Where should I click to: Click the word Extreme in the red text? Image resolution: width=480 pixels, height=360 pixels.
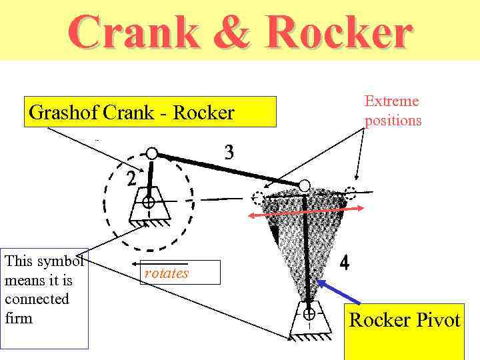point(391,101)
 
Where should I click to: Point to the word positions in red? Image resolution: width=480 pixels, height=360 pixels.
point(393,121)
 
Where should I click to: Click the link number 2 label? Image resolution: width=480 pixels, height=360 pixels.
point(132,179)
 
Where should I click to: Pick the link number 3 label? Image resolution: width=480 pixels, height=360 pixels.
point(229,153)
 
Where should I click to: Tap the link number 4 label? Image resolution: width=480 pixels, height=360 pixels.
point(344,263)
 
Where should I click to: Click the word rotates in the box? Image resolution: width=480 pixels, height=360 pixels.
point(167,273)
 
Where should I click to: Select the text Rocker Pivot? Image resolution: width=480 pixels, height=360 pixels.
point(405,320)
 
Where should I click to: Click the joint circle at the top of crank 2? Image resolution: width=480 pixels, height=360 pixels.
point(152,154)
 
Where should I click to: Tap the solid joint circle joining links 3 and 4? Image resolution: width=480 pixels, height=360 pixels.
point(304,185)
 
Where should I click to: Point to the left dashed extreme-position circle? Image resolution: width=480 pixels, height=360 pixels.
point(258,198)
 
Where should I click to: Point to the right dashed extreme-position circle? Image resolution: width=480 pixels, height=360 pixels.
point(350,194)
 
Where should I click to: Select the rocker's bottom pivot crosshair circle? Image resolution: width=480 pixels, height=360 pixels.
point(309,313)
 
